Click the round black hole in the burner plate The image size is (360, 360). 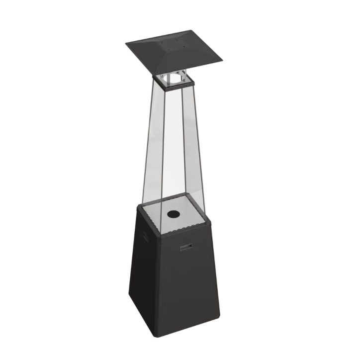click(174, 214)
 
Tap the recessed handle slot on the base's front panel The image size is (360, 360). click(186, 246)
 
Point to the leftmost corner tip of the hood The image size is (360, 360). click(126, 43)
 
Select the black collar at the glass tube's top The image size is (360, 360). click(169, 85)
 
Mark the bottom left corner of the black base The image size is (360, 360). click(130, 293)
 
